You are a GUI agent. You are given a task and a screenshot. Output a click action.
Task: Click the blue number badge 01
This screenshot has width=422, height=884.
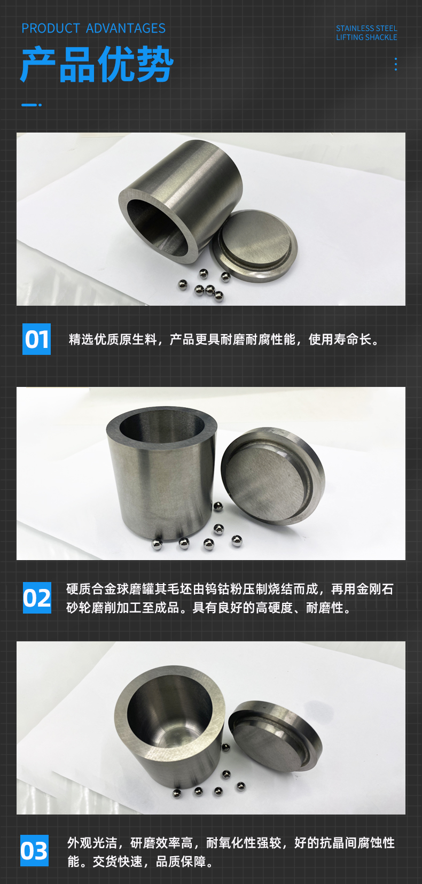36,339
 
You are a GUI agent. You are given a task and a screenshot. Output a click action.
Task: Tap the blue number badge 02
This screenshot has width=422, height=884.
37,598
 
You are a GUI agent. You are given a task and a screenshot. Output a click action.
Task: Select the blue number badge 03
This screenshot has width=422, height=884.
34,850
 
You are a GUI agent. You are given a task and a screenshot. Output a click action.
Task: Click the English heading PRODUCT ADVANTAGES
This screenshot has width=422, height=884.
93,28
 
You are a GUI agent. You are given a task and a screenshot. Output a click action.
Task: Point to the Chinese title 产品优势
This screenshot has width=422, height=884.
97,64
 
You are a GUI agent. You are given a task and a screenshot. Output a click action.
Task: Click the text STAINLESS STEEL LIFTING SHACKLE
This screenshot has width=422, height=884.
366,33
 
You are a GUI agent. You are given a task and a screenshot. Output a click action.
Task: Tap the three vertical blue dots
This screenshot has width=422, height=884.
396,64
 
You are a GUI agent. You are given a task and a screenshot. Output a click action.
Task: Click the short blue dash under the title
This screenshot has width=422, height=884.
31,105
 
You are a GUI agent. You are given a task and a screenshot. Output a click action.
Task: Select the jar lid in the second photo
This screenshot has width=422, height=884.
273,476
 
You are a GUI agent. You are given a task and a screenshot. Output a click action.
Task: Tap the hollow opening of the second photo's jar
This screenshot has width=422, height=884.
162,427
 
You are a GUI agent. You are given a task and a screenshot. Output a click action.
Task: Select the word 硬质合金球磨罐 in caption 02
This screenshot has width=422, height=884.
110,589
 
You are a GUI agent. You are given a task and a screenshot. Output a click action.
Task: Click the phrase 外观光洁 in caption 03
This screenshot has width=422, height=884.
92,843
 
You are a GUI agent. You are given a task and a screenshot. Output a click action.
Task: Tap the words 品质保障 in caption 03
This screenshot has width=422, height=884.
181,862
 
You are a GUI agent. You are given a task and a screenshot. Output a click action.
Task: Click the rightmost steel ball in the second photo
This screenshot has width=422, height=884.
237,541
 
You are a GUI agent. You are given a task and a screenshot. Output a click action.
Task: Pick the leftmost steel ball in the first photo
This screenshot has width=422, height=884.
183,284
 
